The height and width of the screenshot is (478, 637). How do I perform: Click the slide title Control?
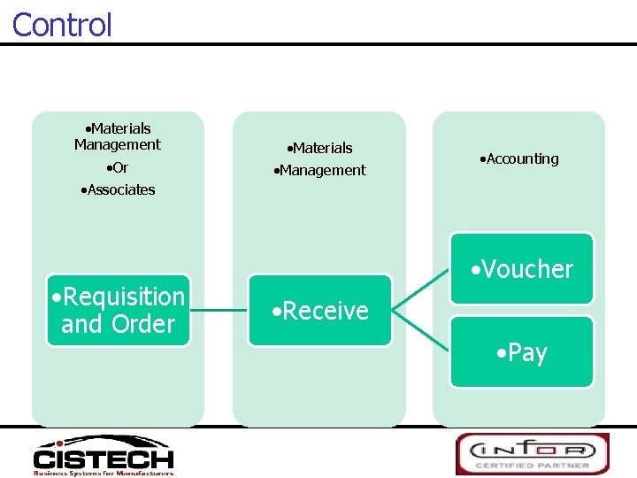click(62, 24)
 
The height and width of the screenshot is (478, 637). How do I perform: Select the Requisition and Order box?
click(119, 310)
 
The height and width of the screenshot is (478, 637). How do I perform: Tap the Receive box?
click(320, 311)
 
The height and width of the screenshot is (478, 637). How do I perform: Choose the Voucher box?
click(522, 269)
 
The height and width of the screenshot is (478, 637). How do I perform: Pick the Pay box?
click(522, 352)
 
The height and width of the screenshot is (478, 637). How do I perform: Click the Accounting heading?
click(519, 159)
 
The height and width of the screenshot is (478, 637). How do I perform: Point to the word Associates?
click(118, 189)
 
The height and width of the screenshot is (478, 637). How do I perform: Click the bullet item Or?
click(117, 168)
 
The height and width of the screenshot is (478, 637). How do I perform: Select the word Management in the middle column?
click(320, 170)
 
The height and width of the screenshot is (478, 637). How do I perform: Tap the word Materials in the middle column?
click(320, 148)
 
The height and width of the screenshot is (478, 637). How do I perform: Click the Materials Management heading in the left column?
click(118, 136)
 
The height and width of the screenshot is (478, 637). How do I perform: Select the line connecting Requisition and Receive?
click(219, 311)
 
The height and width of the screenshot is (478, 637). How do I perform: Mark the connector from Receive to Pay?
click(421, 332)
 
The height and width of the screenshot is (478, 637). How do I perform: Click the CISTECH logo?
click(104, 455)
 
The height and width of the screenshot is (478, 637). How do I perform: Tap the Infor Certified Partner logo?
click(533, 453)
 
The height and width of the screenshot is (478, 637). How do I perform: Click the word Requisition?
click(125, 297)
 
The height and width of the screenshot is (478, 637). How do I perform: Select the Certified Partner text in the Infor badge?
click(533, 465)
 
